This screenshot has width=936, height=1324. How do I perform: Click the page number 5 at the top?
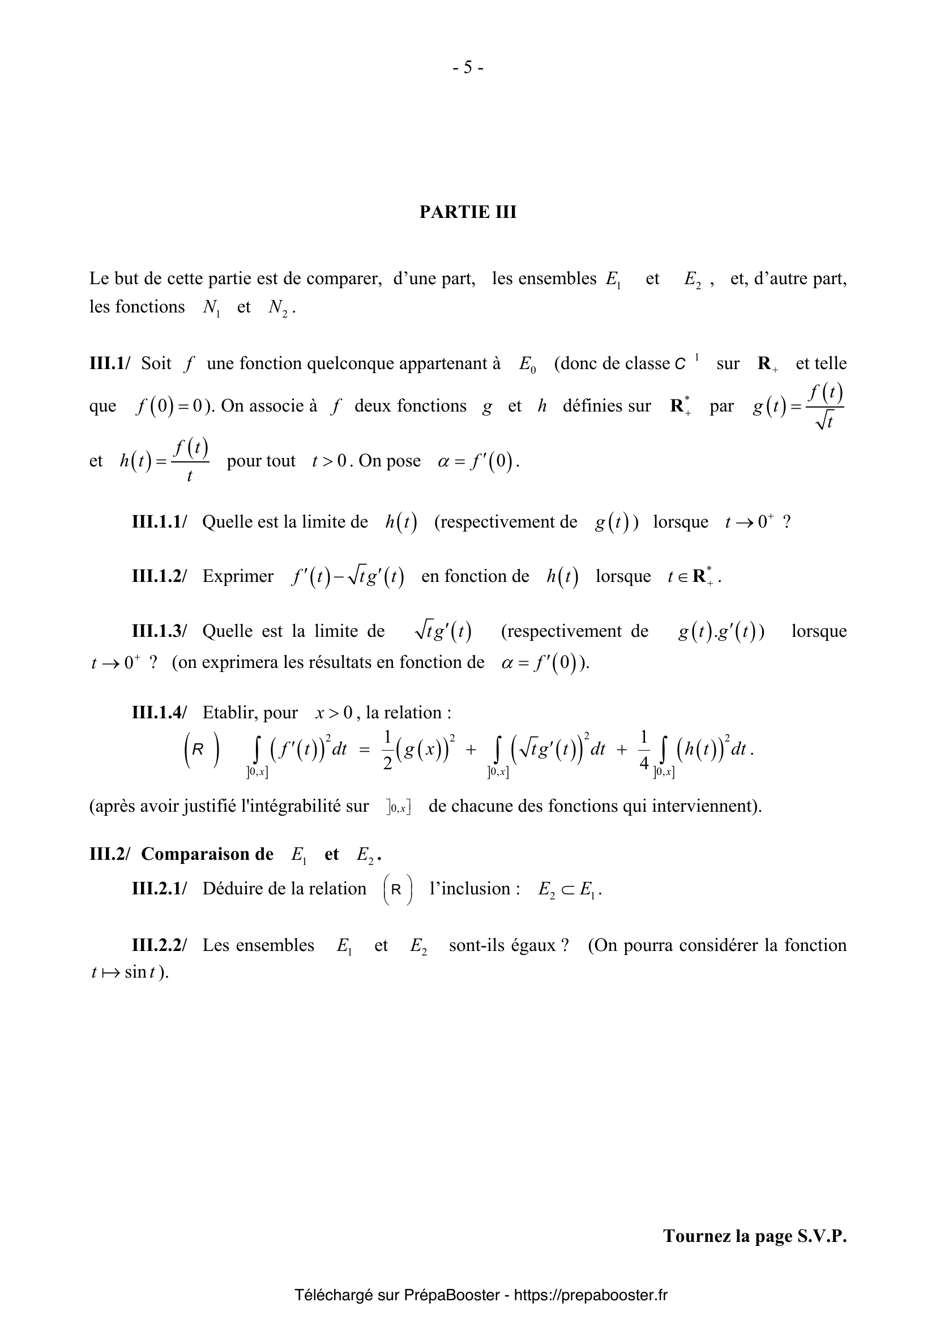[468, 68]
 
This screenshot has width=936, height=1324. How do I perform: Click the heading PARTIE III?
[468, 212]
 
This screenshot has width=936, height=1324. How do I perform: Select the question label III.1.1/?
[159, 522]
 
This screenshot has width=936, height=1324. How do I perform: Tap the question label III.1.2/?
[159, 576]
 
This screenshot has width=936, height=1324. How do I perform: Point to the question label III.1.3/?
[159, 631]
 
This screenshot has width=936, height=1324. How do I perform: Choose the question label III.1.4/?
[159, 713]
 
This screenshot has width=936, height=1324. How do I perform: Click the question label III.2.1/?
[159, 889]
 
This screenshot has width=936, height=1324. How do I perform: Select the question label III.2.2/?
[159, 945]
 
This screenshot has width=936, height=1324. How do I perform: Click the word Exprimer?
[238, 576]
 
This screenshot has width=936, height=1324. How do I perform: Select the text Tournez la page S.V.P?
[754, 1236]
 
